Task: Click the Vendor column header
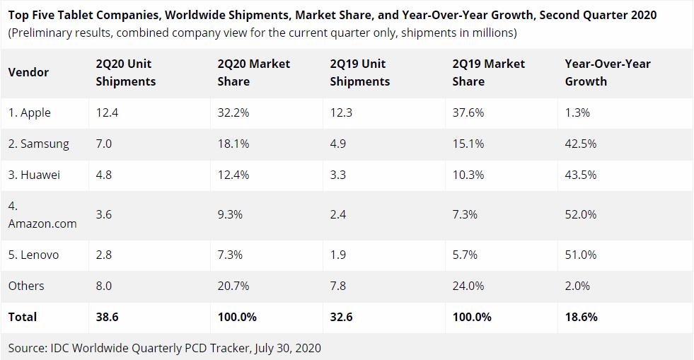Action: (28, 72)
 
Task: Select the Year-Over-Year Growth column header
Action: (607, 72)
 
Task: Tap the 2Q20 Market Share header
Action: (253, 72)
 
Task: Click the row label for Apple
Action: (30, 113)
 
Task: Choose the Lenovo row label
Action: (33, 255)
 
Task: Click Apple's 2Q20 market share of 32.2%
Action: (233, 113)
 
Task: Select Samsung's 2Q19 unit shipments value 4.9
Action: (337, 144)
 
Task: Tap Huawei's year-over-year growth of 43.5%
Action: (580, 175)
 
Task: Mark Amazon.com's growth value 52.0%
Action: (580, 214)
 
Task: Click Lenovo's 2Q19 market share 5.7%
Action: (465, 255)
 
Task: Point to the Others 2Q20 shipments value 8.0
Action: (104, 286)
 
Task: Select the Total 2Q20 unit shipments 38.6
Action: (107, 317)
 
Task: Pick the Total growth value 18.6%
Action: (581, 317)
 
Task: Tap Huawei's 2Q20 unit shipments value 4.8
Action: (104, 175)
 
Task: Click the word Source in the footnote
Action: (27, 348)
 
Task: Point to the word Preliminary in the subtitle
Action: (45, 33)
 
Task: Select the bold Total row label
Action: (22, 317)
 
